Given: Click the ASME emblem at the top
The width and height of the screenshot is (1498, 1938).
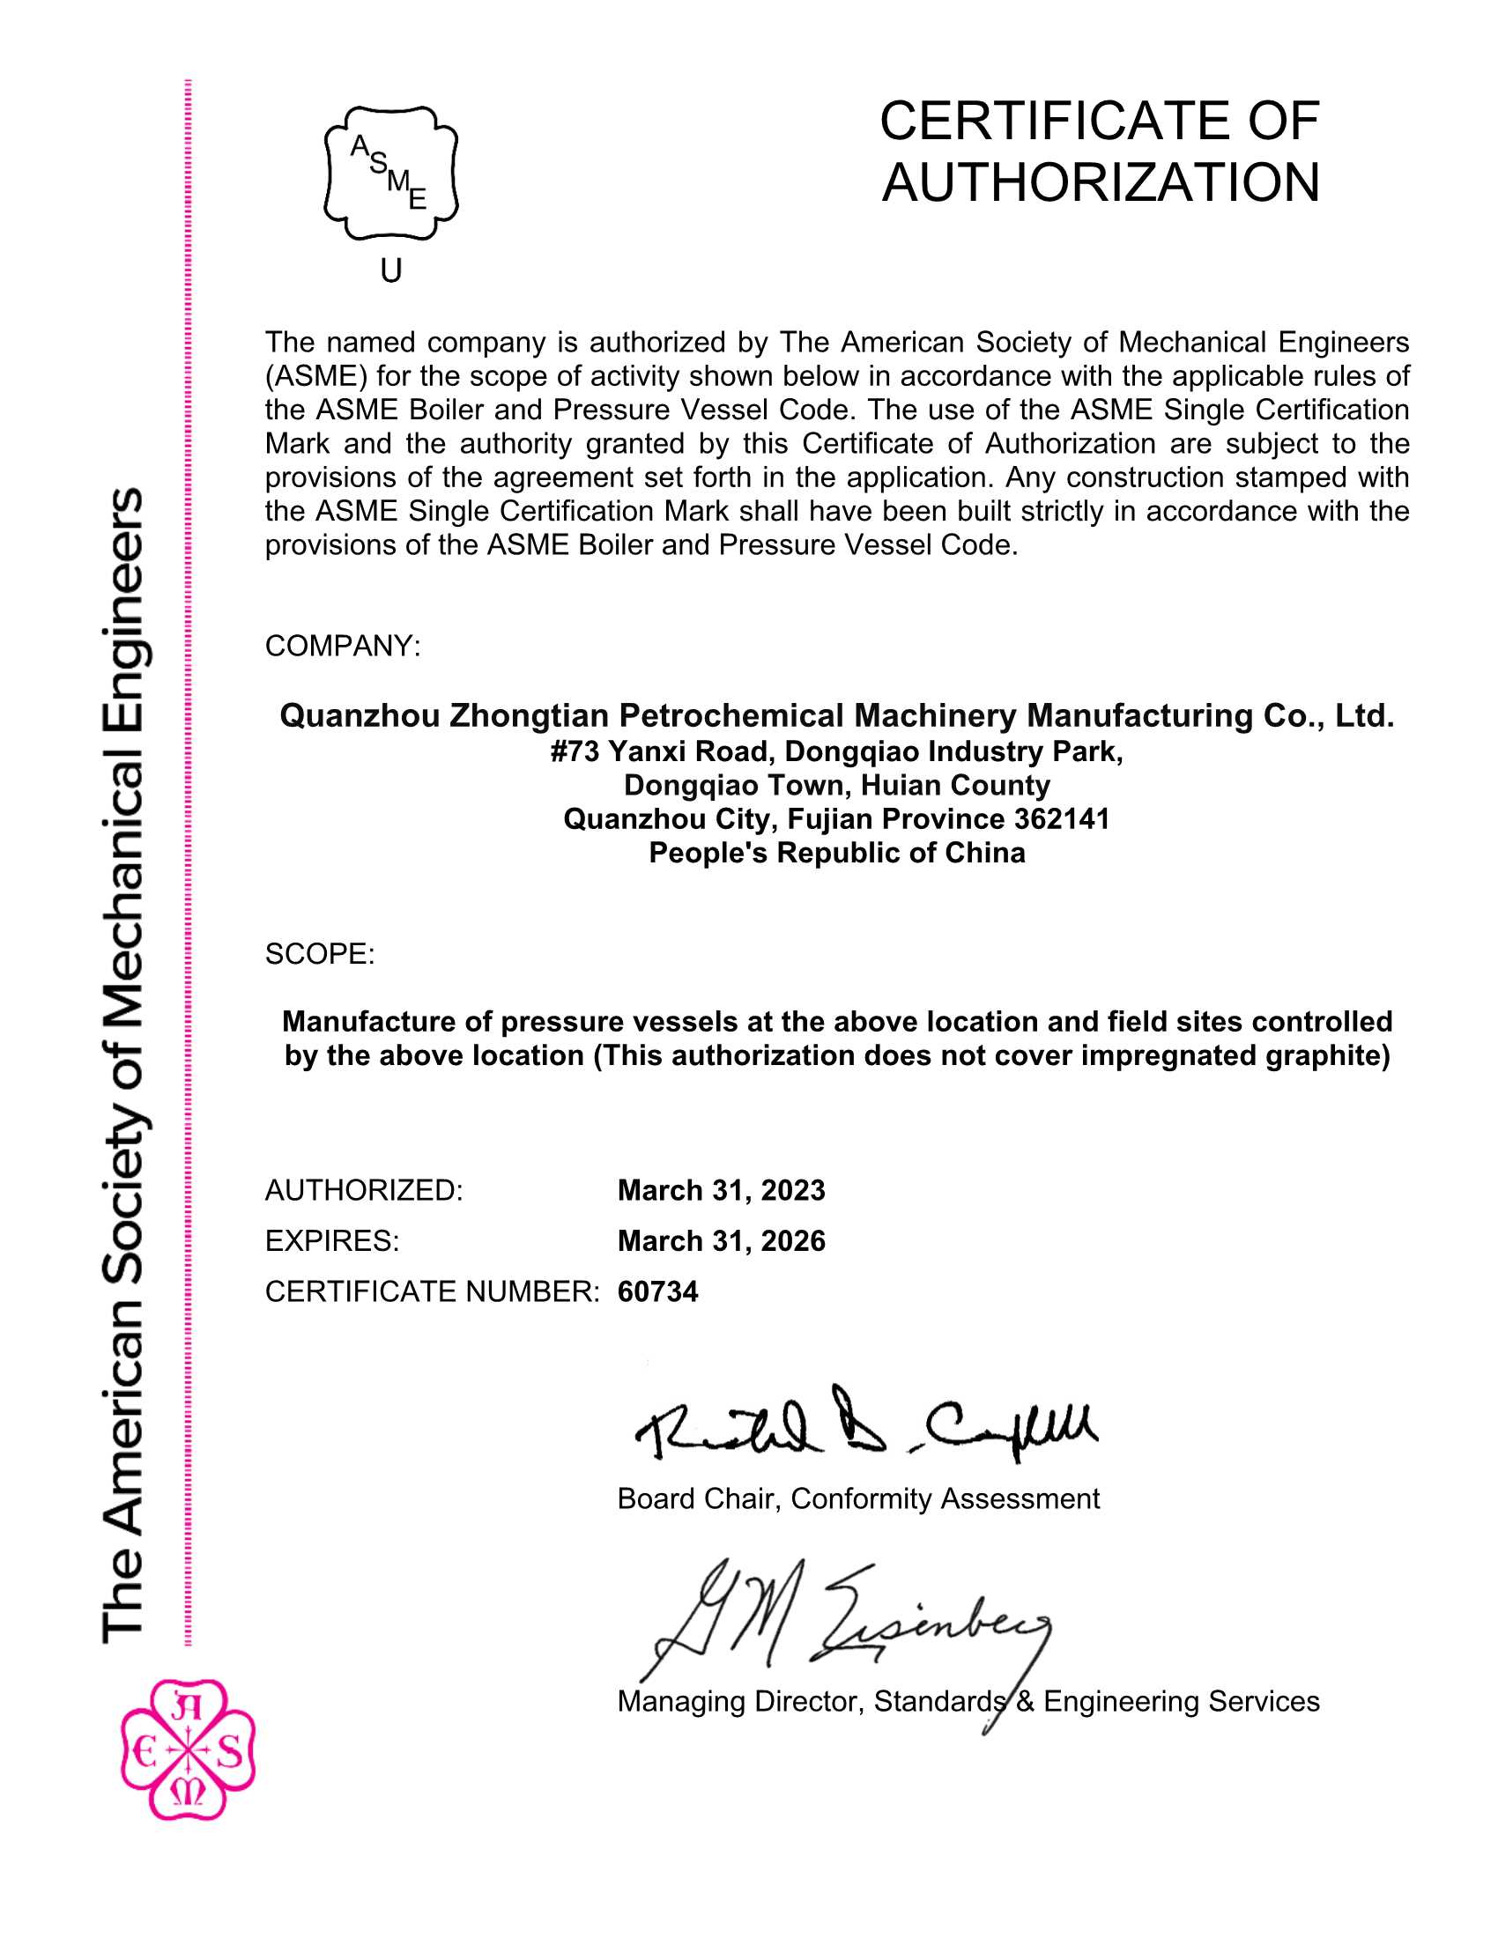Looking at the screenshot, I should (391, 172).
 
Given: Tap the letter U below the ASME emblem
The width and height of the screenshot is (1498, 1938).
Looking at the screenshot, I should (391, 270).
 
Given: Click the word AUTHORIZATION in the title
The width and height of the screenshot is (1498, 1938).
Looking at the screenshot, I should (1101, 182).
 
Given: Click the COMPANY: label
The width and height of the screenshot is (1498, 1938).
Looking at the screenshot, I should (343, 646).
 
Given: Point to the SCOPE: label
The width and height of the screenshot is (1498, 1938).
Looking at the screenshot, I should (320, 954).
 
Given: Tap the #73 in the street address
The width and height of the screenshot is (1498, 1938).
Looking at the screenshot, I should (575, 751).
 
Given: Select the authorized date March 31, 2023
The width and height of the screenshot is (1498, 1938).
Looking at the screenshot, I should (721, 1190).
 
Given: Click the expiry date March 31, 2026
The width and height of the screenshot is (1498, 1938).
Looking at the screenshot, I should (721, 1240).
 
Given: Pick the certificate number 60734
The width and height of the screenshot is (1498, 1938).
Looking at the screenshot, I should (657, 1291).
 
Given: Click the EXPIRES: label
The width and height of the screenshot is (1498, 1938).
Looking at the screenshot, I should (332, 1240).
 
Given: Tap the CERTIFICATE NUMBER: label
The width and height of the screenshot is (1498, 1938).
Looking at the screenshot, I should (432, 1291).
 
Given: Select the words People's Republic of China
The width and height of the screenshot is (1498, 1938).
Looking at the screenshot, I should (837, 853).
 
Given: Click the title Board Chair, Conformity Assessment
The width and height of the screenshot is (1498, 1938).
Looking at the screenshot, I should (858, 1498).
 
